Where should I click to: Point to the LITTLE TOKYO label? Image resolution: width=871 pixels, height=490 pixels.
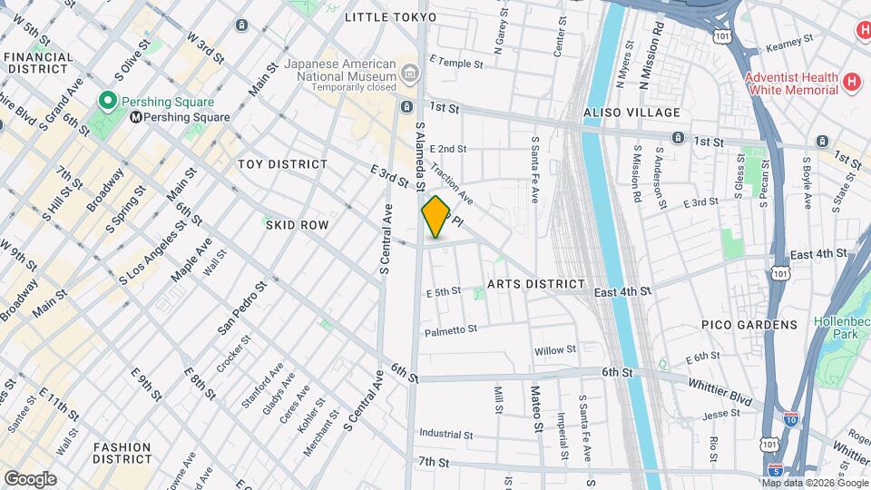[391, 17]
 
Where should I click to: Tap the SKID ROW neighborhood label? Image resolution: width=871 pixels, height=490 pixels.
[297, 224]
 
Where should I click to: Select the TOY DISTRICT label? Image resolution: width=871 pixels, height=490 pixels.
[282, 164]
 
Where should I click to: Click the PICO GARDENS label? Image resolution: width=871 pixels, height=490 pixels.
[749, 325]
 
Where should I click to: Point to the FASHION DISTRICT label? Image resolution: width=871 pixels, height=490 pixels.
[122, 453]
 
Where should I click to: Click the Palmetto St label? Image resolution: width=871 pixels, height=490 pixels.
[451, 330]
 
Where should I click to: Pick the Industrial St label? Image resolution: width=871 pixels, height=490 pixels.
[446, 435]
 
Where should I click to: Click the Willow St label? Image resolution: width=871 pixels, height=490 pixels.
[555, 349]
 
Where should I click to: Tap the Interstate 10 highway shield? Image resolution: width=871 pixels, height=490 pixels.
[791, 420]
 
